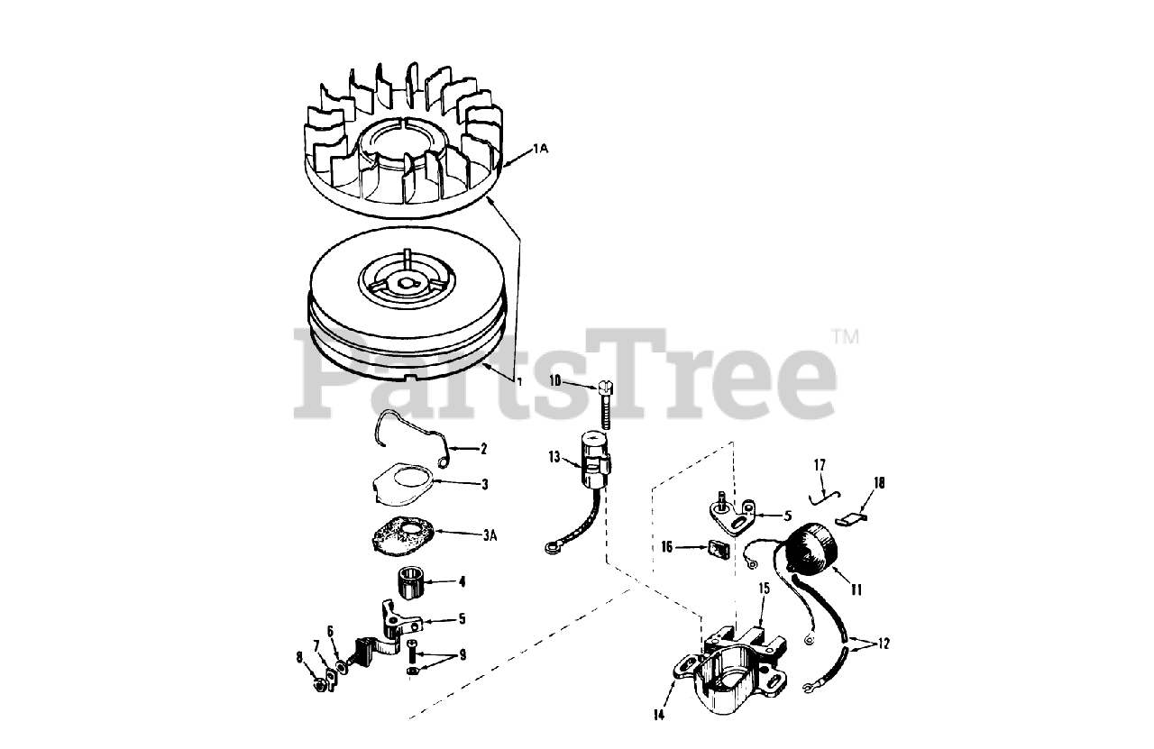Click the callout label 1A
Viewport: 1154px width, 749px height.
coord(540,149)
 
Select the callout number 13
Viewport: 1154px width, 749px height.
coord(554,457)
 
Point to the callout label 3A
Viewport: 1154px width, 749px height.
coord(490,535)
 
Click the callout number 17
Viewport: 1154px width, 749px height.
coord(820,465)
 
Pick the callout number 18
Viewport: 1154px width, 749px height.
coord(879,483)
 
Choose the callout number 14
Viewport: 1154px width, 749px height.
coord(659,715)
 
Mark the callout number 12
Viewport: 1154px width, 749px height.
coord(883,644)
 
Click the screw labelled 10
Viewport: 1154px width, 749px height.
coord(605,405)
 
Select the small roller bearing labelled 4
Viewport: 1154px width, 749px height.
coord(411,582)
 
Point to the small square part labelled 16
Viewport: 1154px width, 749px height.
coord(719,549)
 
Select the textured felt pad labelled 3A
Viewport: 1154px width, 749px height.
coord(403,535)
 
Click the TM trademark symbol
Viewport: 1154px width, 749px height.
coord(845,337)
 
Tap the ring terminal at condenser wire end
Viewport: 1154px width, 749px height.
coord(551,549)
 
